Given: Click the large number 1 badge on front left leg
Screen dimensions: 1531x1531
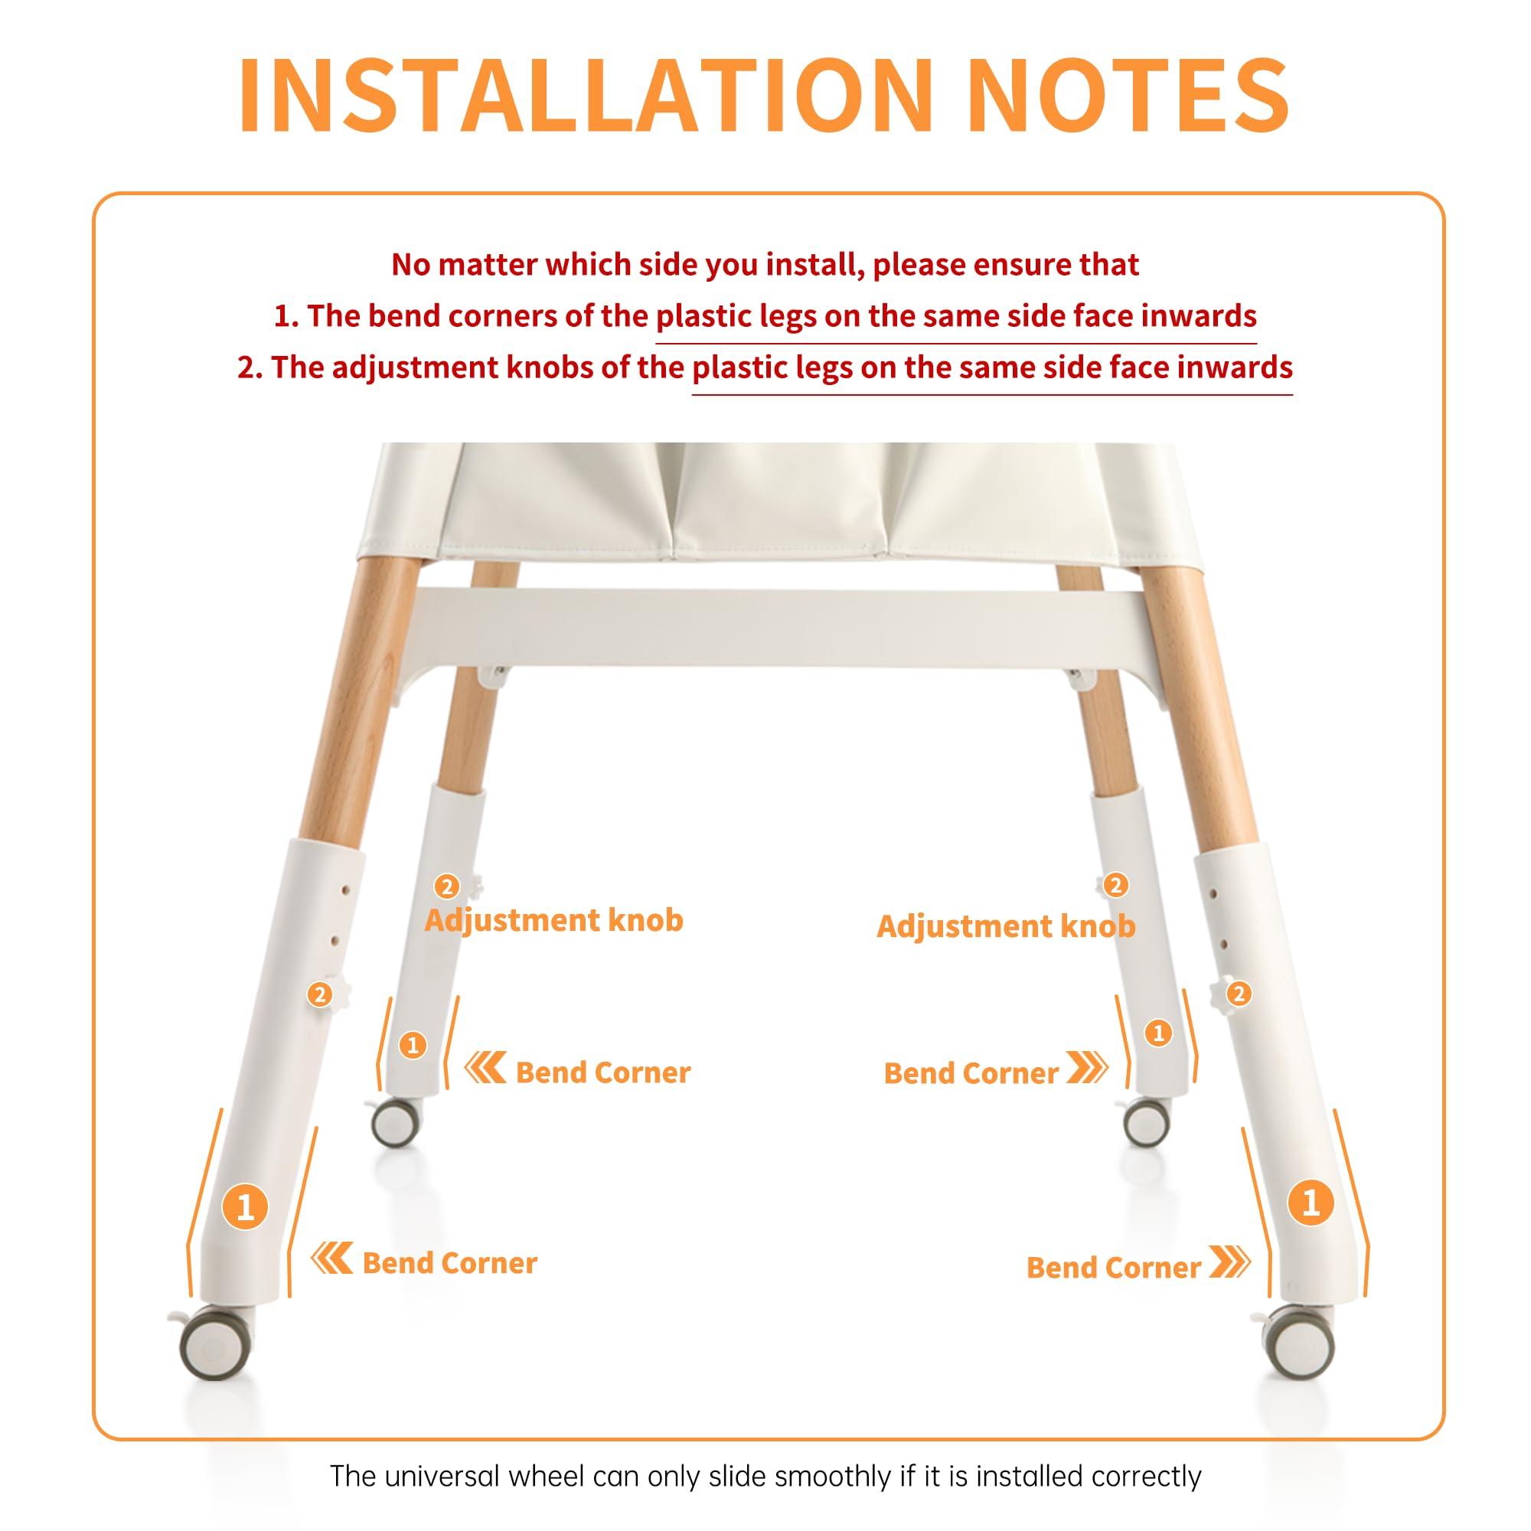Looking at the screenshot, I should [245, 1207].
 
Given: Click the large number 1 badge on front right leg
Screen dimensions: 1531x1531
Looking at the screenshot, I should [1310, 1203].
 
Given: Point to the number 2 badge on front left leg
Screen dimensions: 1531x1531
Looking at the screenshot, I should [320, 994].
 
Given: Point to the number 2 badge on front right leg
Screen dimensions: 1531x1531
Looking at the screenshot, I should [1239, 993].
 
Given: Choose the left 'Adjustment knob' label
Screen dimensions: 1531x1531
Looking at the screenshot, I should [553, 920].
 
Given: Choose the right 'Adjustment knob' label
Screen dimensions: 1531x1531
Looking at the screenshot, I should [1006, 925].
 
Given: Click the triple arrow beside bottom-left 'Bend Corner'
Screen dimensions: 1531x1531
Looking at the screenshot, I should [331, 1258].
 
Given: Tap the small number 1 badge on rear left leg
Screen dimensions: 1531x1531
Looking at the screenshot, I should [412, 1045].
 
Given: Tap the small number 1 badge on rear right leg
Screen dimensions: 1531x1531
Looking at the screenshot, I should [1158, 1033].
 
